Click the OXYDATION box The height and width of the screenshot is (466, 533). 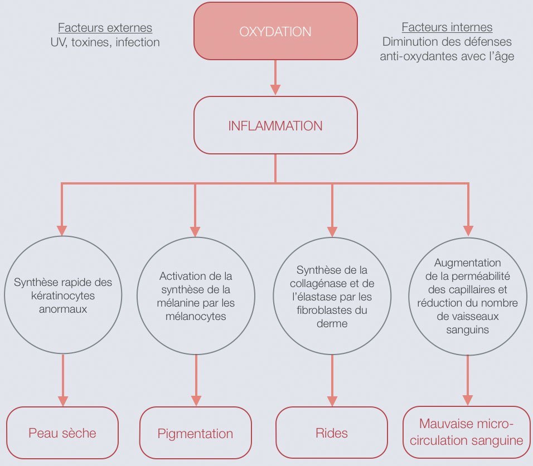click(x=275, y=31)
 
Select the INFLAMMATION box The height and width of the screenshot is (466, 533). click(x=275, y=125)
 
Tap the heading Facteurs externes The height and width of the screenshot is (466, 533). click(x=105, y=28)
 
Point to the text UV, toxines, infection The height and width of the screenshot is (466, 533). click(x=105, y=42)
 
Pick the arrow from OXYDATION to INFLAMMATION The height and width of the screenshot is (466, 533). click(x=275, y=77)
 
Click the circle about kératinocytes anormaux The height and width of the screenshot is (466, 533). click(x=62, y=294)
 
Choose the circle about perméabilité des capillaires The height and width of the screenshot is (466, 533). click(x=467, y=295)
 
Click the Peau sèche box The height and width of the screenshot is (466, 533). click(x=62, y=433)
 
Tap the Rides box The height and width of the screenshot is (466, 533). click(x=332, y=433)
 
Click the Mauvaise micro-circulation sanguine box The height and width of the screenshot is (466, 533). click(x=467, y=433)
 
